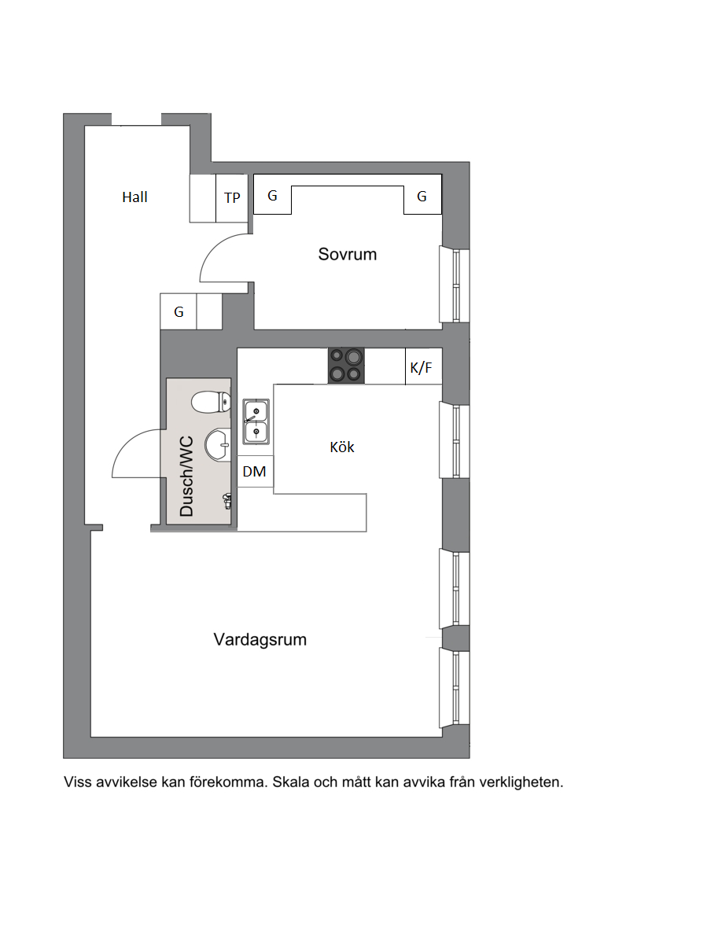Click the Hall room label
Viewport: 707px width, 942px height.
point(134,197)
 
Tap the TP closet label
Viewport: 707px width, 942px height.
point(232,197)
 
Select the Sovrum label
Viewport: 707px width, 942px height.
point(347,254)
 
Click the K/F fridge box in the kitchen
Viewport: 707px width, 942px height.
point(423,366)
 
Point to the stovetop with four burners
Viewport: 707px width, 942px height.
point(346,366)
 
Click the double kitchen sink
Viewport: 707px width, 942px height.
point(256,421)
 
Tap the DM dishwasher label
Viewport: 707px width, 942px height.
point(254,472)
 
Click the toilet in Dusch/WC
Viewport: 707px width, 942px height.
point(211,402)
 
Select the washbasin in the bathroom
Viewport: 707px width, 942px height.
point(218,445)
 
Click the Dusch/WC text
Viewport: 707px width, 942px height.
point(187,477)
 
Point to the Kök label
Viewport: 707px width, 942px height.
point(342,447)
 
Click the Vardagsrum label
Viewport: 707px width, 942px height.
point(260,639)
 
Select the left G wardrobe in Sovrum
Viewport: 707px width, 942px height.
point(272,195)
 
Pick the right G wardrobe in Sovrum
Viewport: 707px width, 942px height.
point(422,195)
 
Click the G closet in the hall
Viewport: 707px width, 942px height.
point(179,311)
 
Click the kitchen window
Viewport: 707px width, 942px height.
point(455,440)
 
